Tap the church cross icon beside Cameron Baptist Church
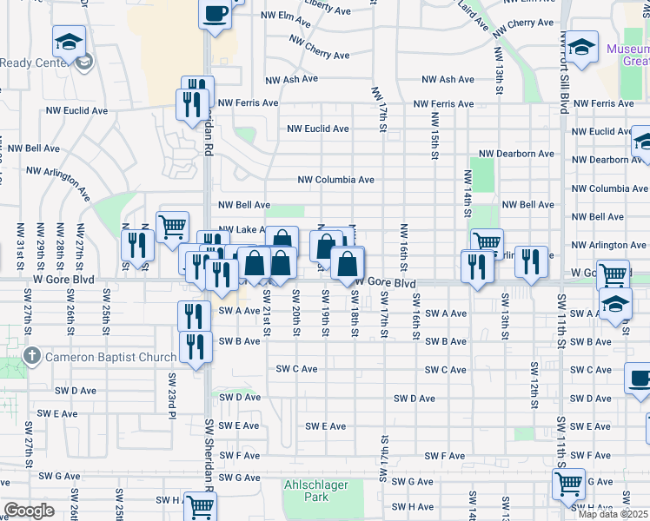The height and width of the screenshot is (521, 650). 31,356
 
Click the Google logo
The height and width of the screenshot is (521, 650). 29,511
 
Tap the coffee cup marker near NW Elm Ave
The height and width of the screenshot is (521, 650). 215,14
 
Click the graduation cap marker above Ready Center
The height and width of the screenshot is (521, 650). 68,41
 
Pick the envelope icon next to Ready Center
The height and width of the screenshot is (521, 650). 84,62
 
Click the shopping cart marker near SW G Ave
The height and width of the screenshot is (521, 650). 568,484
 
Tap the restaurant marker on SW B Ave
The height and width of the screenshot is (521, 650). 195,346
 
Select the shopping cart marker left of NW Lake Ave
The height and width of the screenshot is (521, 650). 172,227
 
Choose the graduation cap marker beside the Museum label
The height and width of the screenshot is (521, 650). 583,45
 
